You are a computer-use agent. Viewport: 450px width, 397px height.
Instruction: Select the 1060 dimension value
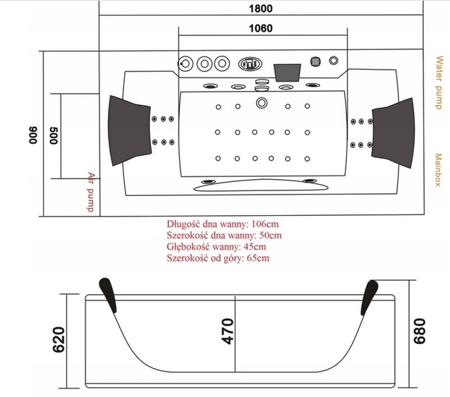262,29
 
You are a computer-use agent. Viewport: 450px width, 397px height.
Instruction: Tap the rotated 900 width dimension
32,135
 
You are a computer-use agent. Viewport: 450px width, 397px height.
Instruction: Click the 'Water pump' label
438,85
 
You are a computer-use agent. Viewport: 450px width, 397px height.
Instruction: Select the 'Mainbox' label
438,169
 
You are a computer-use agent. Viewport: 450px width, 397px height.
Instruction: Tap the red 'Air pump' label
90,191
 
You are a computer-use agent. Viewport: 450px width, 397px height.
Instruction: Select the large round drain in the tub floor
262,104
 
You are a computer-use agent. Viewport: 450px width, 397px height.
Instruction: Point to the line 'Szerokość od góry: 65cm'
219,258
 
